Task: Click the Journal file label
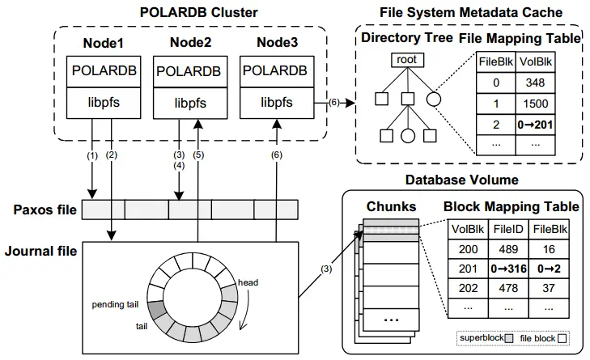tap(40, 252)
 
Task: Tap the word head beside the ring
tap(247, 283)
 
